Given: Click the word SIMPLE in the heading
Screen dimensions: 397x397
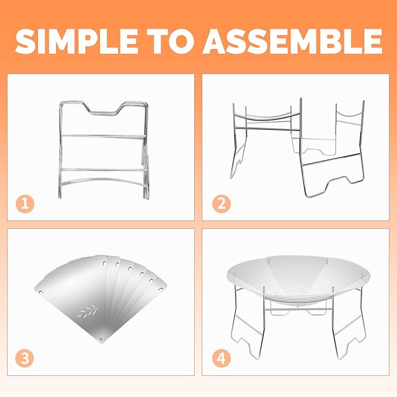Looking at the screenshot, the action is (77, 41).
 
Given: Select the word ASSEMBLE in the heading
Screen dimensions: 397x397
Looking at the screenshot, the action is (292, 41).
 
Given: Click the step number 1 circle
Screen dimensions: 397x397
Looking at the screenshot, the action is (25, 203).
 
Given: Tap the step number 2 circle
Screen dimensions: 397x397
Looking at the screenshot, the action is (222, 203).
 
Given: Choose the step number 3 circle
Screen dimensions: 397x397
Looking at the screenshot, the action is (25, 358).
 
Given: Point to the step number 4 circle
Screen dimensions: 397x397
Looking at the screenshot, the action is (222, 358).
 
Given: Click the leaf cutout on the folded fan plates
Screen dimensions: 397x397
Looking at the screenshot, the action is (88, 311).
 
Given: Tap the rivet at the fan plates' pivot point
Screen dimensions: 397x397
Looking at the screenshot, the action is (101, 339).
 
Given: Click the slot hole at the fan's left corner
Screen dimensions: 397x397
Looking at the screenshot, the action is (40, 292).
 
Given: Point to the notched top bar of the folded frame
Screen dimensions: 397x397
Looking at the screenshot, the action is (104, 107).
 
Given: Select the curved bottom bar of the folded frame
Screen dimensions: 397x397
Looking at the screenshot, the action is (104, 181).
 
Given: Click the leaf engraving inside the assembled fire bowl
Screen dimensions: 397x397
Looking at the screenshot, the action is (299, 288).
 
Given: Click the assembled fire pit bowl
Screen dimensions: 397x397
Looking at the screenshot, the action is (299, 276).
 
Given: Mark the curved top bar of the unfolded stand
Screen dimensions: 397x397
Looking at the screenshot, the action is (266, 117).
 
